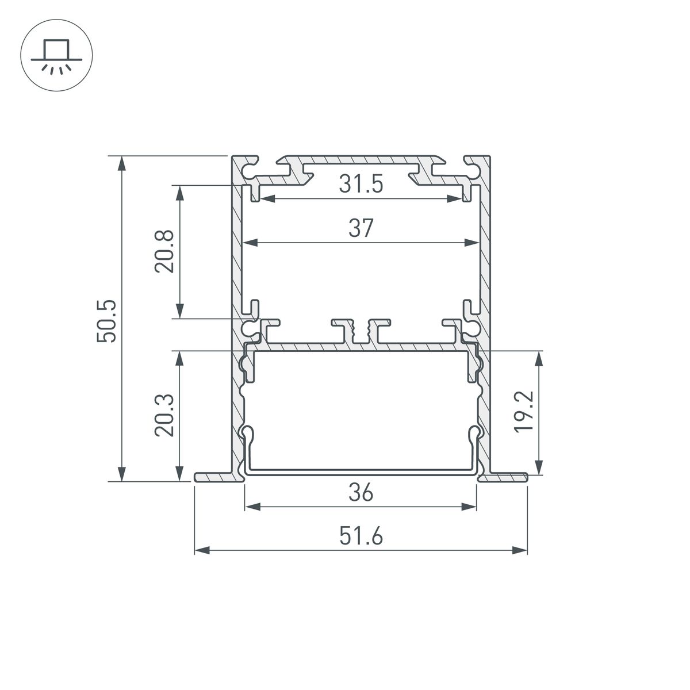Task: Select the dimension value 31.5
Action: (361, 185)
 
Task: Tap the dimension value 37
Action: (361, 228)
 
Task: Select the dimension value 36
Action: (361, 493)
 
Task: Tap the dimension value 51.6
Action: (361, 537)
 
